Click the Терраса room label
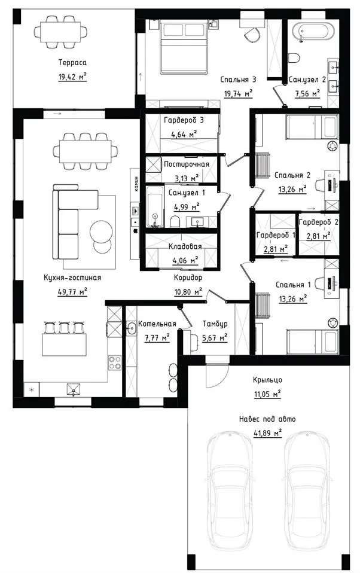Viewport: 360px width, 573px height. point(72,62)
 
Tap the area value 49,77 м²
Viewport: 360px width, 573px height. point(73,291)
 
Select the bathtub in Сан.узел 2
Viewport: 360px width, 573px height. point(315,32)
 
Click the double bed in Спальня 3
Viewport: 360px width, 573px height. point(184,47)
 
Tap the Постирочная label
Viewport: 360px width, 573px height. point(187,164)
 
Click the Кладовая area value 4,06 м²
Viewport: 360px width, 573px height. point(185,260)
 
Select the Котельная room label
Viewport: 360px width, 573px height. point(157,324)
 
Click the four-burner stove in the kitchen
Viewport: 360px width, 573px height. point(115,362)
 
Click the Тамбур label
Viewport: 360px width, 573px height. point(215,324)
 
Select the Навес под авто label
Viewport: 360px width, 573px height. point(267,419)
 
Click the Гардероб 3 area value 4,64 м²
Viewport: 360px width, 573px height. point(184,134)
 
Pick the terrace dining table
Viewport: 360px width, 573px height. point(60,32)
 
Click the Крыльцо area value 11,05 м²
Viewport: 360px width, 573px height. point(267,394)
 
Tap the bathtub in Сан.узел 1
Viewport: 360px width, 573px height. point(154,207)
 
